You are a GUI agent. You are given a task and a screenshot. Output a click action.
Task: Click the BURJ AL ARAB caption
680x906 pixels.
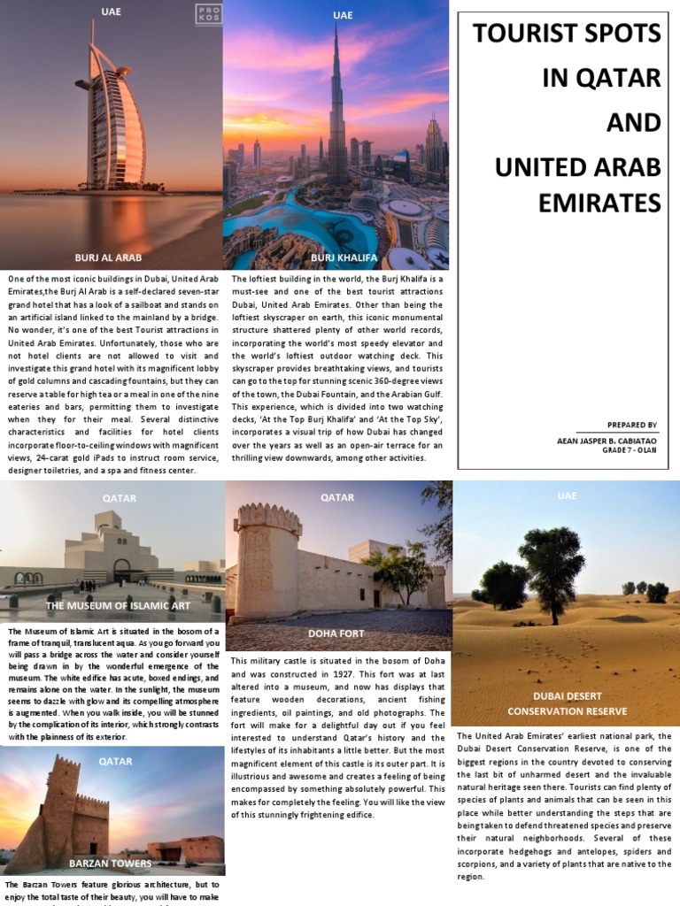(x=112, y=257)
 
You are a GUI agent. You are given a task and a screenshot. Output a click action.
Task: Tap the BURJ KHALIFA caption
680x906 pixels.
(x=344, y=257)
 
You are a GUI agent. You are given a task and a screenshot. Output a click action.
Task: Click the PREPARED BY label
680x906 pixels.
(x=632, y=425)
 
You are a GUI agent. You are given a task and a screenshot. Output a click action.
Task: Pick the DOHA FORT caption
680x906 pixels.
(x=336, y=633)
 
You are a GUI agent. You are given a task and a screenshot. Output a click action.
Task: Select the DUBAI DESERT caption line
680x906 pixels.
(x=567, y=696)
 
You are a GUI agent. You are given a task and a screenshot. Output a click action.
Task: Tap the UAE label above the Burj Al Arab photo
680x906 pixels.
(x=112, y=12)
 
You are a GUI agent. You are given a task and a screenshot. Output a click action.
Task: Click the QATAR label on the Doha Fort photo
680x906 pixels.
(x=337, y=498)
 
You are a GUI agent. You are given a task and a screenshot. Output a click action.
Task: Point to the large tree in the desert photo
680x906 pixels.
(x=551, y=566)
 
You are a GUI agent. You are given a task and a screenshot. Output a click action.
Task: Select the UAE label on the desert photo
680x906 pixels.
(x=567, y=495)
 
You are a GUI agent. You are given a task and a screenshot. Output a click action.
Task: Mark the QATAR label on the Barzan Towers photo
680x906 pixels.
(x=115, y=761)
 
